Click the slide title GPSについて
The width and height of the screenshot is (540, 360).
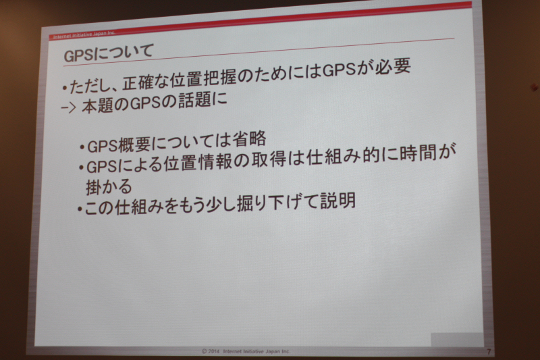[109, 53]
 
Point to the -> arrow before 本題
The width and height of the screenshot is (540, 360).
[68, 108]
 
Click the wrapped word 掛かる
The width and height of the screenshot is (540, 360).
[109, 186]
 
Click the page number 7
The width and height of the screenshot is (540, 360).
[489, 352]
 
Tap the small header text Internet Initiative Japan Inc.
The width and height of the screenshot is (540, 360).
[84, 35]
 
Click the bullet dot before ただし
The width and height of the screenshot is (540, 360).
[64, 88]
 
